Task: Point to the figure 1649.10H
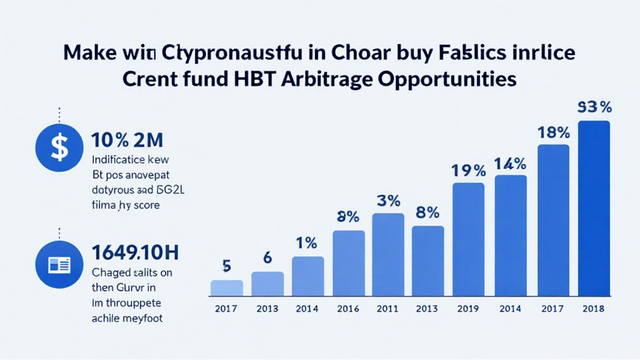click(x=135, y=252)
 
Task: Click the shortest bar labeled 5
click(x=226, y=287)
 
